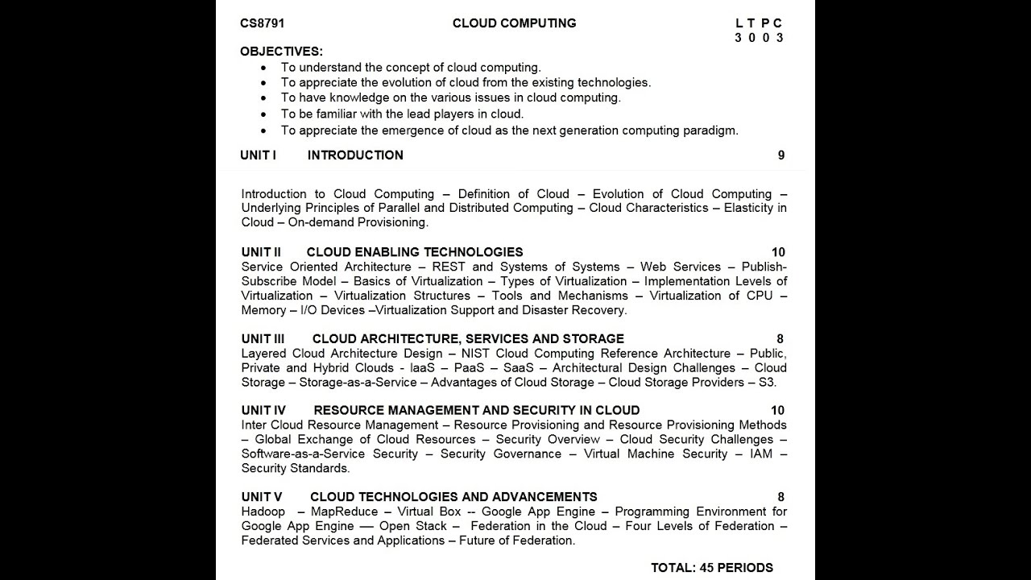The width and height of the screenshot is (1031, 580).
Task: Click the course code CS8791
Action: pos(262,23)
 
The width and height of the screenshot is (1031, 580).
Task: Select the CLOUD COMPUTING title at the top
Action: pos(514,23)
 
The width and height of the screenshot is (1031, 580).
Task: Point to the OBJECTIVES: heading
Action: pos(281,52)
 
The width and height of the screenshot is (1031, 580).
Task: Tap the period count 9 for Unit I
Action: pos(780,155)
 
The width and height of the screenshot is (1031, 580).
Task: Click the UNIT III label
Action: pos(263,339)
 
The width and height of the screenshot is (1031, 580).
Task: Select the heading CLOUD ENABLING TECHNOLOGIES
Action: pos(414,252)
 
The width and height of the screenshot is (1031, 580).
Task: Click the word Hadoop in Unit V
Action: pos(263,512)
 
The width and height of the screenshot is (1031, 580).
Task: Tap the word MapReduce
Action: pos(344,512)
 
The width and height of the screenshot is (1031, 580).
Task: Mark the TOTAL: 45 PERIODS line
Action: pos(711,568)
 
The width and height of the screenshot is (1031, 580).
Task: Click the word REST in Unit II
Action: pos(448,267)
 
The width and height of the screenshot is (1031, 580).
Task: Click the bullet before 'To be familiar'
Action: pos(263,114)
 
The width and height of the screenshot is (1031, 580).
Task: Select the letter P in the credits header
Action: pos(765,23)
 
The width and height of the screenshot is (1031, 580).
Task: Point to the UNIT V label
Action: pos(262,497)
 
